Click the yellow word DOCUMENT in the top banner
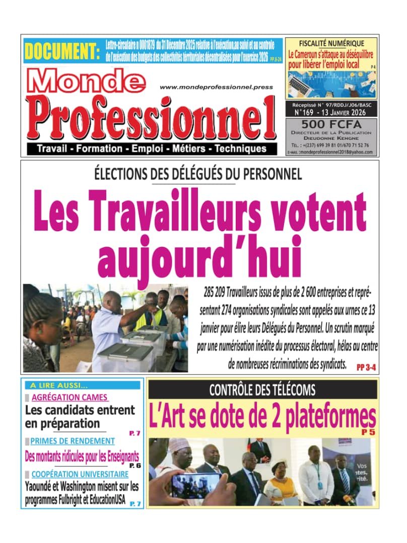[61, 51]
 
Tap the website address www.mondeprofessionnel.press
[216, 87]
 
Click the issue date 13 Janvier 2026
[350, 112]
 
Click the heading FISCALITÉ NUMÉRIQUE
[331, 43]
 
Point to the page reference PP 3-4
[366, 368]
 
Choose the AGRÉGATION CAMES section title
[70, 397]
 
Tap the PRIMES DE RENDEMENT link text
[72, 441]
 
